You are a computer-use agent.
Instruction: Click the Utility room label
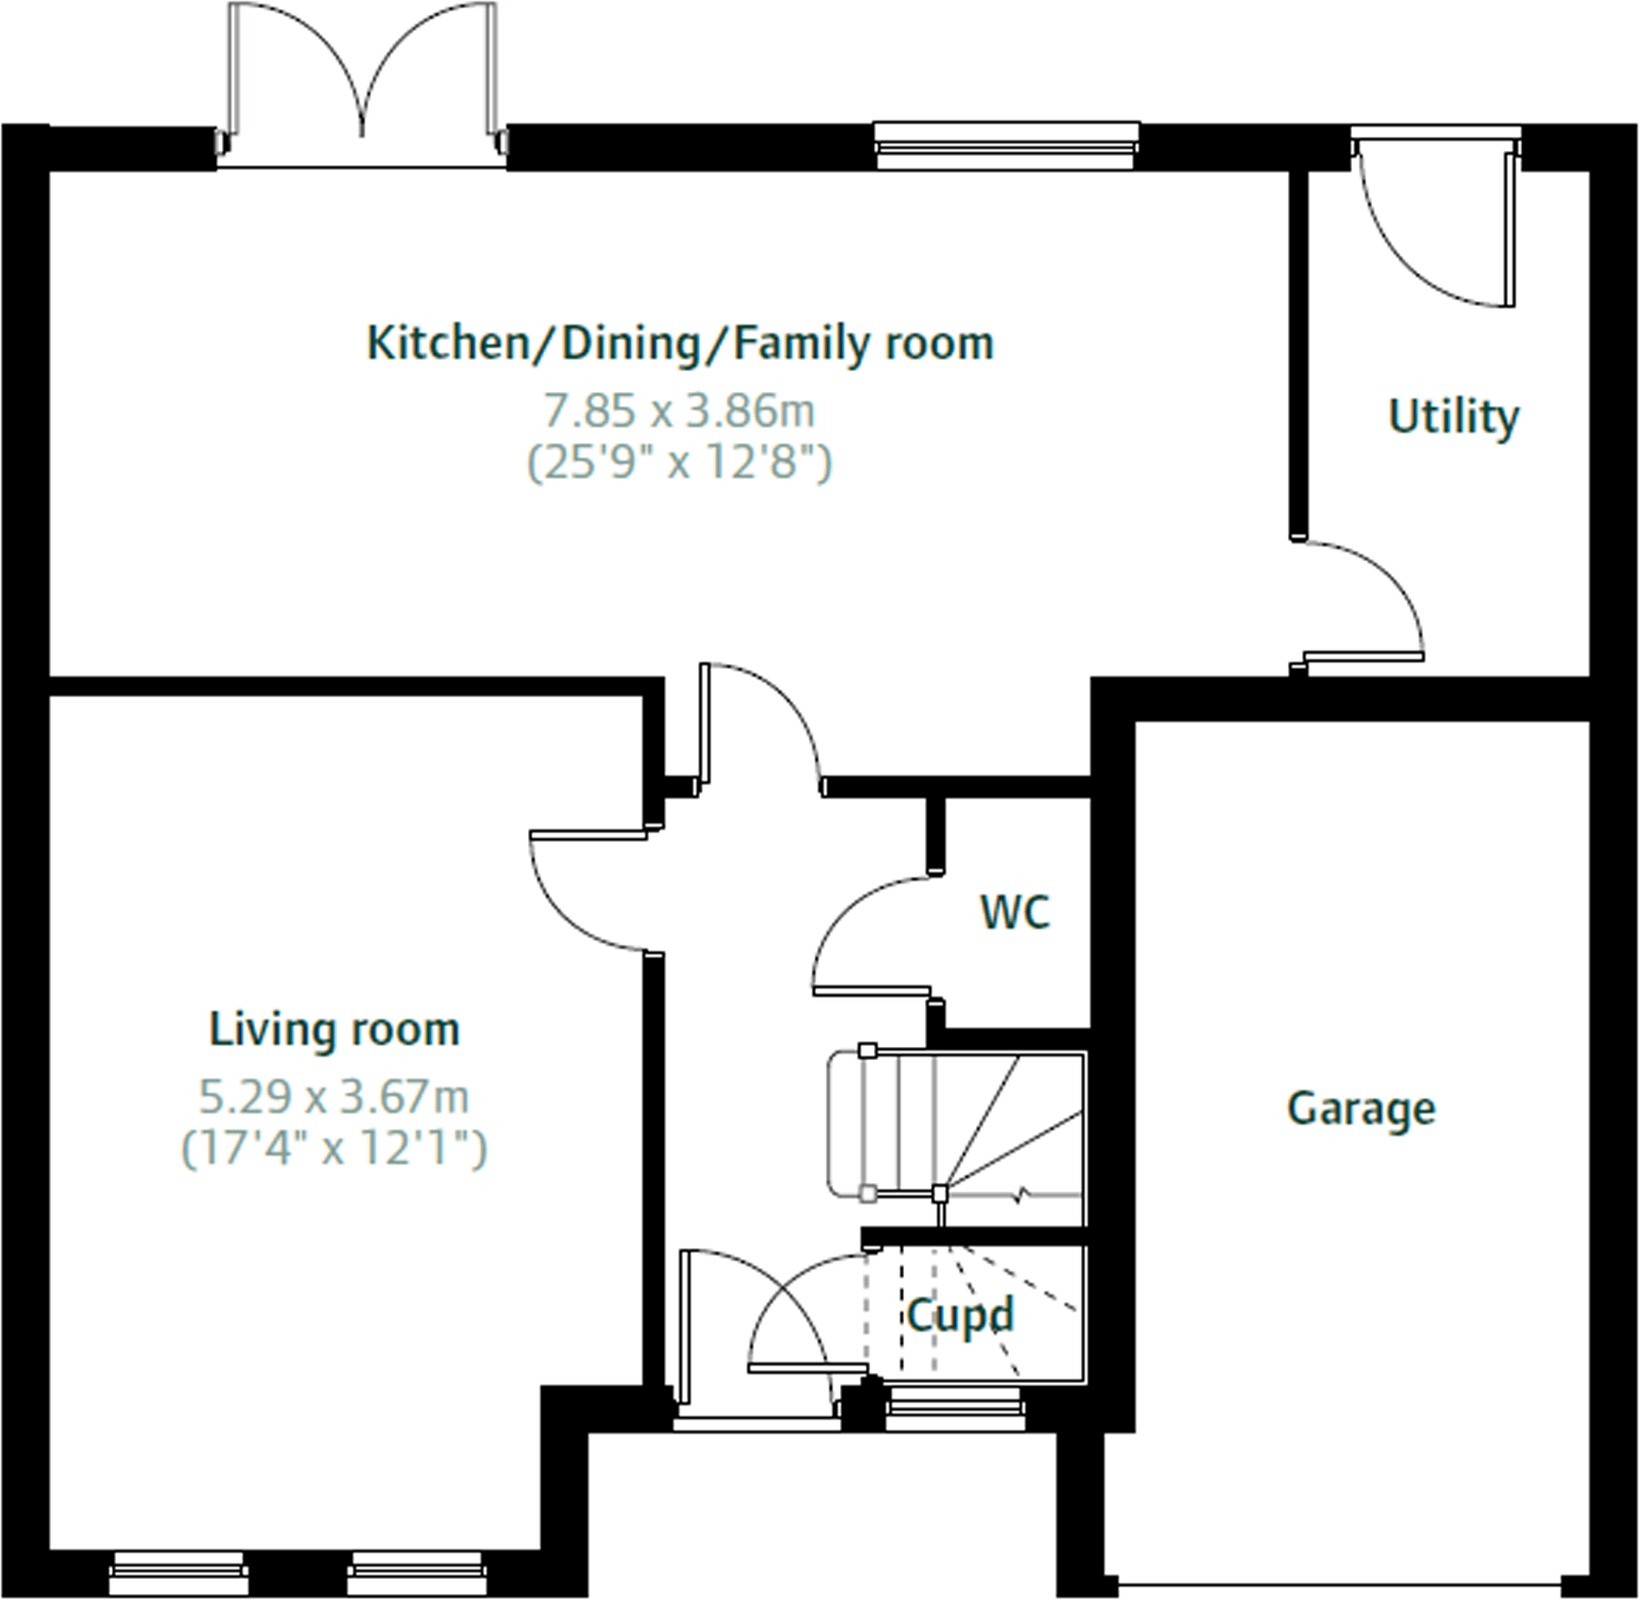tap(1454, 417)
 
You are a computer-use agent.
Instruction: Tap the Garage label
tap(1361, 1109)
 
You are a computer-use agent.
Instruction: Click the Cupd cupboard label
tap(960, 1315)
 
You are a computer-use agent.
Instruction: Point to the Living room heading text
tap(334, 1029)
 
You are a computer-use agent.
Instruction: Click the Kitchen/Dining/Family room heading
tap(680, 344)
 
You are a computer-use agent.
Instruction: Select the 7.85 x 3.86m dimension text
tap(679, 411)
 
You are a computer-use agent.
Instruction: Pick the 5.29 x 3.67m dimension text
tap(334, 1098)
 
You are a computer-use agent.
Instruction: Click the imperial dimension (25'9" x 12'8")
tap(679, 462)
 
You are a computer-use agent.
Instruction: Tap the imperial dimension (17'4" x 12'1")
tap(334, 1148)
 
